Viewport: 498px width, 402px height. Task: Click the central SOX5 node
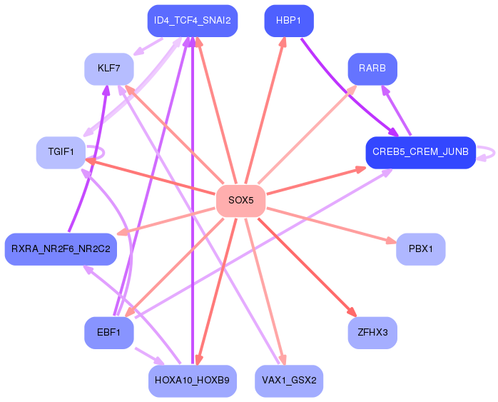click(x=240, y=201)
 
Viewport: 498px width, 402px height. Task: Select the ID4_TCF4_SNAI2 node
click(x=192, y=21)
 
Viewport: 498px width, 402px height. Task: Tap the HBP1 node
click(x=289, y=21)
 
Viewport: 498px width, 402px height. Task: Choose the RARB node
click(x=372, y=69)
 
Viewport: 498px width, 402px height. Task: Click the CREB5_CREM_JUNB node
click(x=420, y=152)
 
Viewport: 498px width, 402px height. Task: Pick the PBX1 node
click(x=420, y=249)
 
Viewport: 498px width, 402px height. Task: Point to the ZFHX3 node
click(x=372, y=333)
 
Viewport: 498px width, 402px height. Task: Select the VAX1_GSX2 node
click(x=289, y=381)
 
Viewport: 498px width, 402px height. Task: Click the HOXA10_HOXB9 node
click(x=192, y=381)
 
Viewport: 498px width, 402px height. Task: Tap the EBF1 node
click(x=109, y=333)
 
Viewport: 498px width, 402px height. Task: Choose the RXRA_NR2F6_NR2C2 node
click(x=61, y=249)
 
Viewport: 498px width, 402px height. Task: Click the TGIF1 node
click(x=61, y=152)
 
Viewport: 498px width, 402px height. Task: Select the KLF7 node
click(x=109, y=69)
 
